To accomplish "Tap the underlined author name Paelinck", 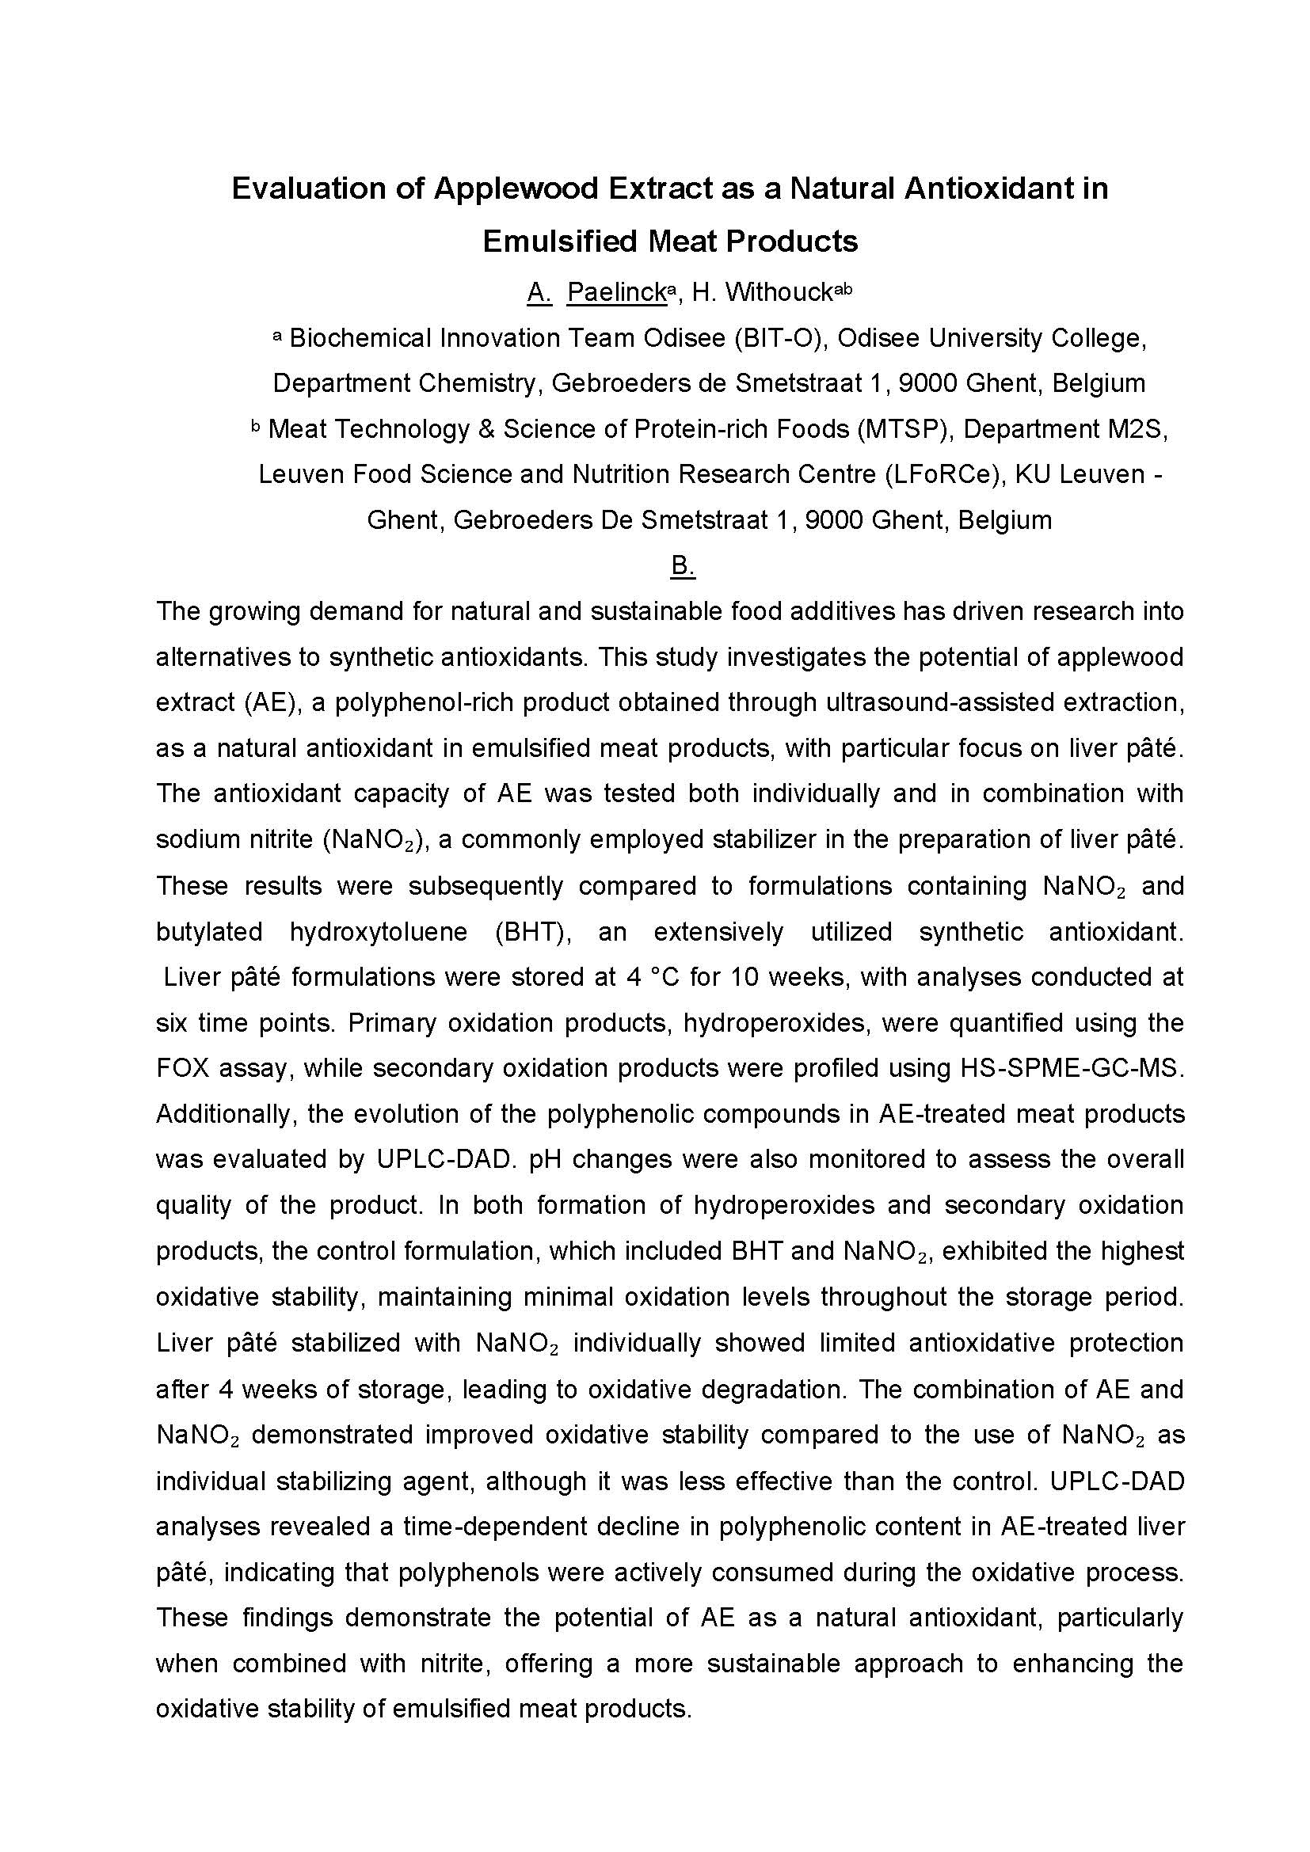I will click(617, 292).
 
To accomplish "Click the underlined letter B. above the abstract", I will click(683, 565).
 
